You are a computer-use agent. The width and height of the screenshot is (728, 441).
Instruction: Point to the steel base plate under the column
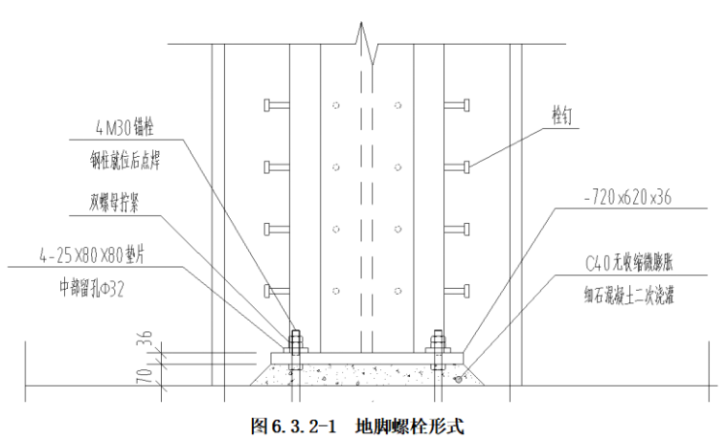365,357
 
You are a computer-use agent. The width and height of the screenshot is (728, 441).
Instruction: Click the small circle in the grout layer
459,379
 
